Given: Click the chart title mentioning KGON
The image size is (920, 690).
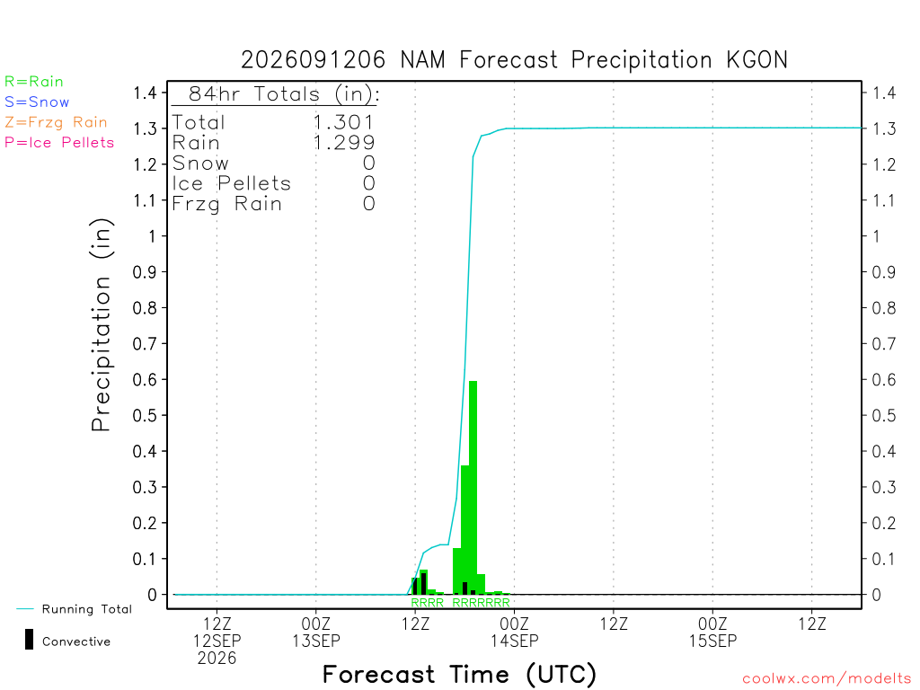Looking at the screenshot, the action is pos(514,60).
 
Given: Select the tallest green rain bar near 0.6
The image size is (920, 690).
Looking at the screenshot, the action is pos(473,488).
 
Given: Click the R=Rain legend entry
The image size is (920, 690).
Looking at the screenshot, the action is pos(34,82).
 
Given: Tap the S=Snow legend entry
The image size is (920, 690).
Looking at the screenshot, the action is pos(37,102).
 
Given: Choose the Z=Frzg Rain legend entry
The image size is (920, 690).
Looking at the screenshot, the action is pos(57,122).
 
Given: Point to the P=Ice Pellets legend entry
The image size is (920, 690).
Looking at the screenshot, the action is pos(59,143).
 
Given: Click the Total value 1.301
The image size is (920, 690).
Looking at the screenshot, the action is pos(344,122).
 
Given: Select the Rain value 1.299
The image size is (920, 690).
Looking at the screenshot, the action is pos(344,143).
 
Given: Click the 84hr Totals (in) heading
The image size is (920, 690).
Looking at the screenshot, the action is pos(284,93).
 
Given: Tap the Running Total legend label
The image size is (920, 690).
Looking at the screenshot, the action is pos(87,609).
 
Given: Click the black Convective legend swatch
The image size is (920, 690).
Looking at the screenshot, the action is pos(29,640).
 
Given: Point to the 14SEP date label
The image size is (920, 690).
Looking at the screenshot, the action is pos(515,641).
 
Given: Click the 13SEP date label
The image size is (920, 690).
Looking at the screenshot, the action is pos(316,641).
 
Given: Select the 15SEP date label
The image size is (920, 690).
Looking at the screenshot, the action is pos(712,641).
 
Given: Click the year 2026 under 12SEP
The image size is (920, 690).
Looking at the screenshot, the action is pos(217,659).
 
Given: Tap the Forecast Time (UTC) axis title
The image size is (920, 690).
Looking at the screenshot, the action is pos(459,675).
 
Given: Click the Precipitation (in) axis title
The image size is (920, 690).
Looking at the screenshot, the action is pos(102,324).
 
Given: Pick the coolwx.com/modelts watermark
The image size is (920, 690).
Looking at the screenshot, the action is pos(827,679).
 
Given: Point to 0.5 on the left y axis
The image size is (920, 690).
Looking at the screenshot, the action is pos(145,415).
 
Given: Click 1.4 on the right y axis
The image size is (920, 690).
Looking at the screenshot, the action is pos(884,93).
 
